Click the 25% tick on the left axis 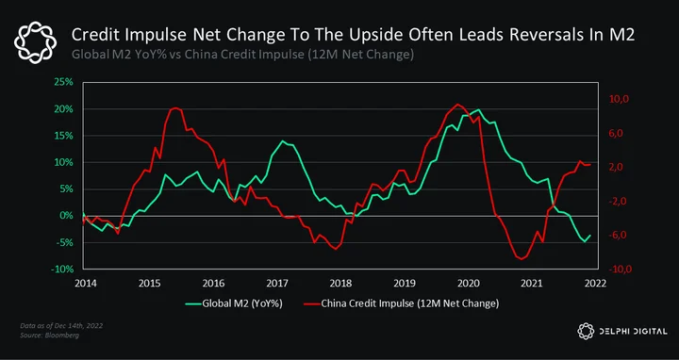click(65, 82)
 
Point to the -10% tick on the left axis click(63, 270)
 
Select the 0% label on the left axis click(67, 216)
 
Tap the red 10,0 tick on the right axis click(619, 100)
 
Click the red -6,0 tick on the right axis click(619, 236)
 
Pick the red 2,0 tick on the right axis click(620, 168)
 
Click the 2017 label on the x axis click(276, 283)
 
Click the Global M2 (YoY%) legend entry click(234, 303)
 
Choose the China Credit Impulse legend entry click(402, 303)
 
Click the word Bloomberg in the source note click(60, 335)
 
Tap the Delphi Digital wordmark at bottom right click(621, 332)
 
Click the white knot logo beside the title click(35, 42)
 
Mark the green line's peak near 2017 click(282, 141)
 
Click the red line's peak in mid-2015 click(175, 107)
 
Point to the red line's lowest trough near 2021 click(521, 259)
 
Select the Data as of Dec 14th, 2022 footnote click(61, 326)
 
